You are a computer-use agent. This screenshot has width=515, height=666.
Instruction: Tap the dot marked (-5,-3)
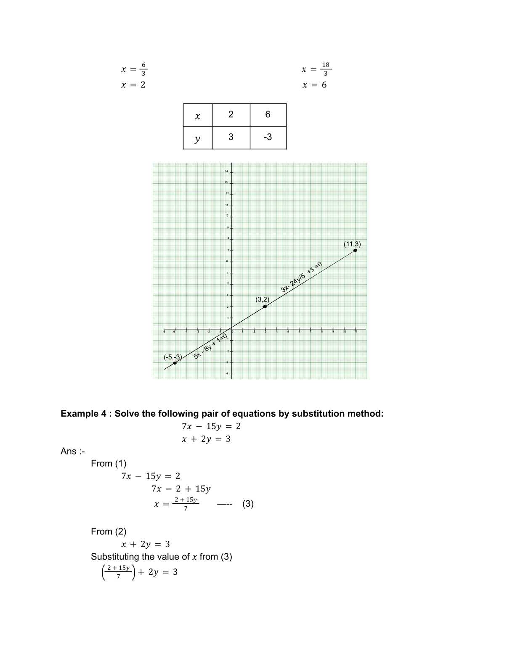(x=175, y=363)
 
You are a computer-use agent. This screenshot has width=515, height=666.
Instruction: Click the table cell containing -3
(x=268, y=137)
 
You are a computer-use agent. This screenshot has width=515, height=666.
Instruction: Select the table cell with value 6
(x=268, y=114)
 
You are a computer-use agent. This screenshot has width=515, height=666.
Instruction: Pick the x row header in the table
(x=197, y=116)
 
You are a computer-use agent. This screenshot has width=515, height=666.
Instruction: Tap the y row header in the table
(x=197, y=138)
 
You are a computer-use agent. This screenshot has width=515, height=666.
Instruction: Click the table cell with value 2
(x=231, y=114)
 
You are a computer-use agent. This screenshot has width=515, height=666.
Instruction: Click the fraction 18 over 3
(x=326, y=69)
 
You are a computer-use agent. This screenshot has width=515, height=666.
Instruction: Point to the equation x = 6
(x=314, y=85)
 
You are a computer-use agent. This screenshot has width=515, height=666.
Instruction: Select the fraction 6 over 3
(x=143, y=69)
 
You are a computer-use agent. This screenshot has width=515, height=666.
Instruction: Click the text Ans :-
(x=72, y=451)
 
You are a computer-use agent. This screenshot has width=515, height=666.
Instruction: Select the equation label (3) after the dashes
(x=248, y=504)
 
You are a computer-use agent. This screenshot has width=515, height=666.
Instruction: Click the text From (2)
(x=109, y=531)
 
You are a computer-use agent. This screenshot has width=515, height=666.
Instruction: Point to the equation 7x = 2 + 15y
(x=181, y=489)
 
